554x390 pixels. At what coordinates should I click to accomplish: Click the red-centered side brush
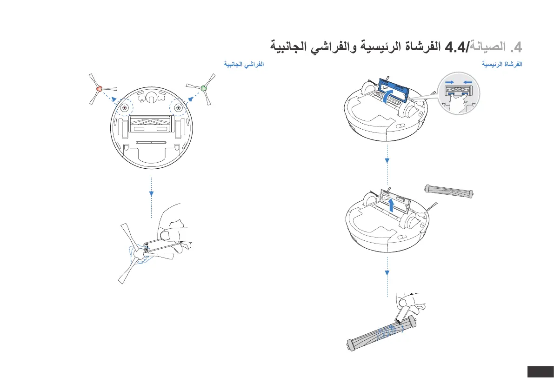click(99, 88)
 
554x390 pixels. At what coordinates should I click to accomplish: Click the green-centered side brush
click(203, 87)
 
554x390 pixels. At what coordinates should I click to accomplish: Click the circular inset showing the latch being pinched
click(459, 93)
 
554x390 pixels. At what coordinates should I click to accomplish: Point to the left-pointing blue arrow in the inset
click(467, 82)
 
